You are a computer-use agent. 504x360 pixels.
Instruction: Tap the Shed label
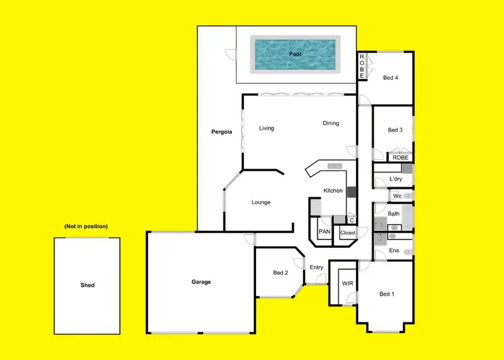(x=87, y=285)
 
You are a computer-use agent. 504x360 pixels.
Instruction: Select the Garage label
(x=201, y=282)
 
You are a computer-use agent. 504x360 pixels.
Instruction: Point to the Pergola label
(x=221, y=132)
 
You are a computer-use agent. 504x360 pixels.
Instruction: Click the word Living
(x=267, y=128)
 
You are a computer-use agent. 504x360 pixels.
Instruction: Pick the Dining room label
(x=331, y=123)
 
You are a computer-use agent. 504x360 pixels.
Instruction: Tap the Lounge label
(x=261, y=202)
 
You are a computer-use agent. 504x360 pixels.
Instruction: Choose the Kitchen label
(x=333, y=191)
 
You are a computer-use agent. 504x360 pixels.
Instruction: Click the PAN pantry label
(x=325, y=232)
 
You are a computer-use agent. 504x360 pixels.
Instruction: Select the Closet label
(x=347, y=232)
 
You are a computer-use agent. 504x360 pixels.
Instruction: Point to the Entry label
(x=317, y=267)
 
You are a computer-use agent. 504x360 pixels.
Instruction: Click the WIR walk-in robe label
(x=347, y=283)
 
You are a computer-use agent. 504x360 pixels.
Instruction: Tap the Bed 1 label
(x=387, y=294)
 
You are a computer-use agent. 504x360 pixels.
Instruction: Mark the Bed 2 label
(x=280, y=273)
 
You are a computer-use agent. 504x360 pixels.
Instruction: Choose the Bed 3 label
(x=395, y=130)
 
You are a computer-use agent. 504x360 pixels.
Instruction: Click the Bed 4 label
(x=390, y=78)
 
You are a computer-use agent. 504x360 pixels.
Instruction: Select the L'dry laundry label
(x=396, y=179)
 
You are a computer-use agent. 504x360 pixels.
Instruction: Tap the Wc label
(x=397, y=196)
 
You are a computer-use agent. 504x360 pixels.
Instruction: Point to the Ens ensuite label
(x=394, y=251)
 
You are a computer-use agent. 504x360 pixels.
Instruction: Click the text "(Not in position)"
(x=86, y=226)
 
